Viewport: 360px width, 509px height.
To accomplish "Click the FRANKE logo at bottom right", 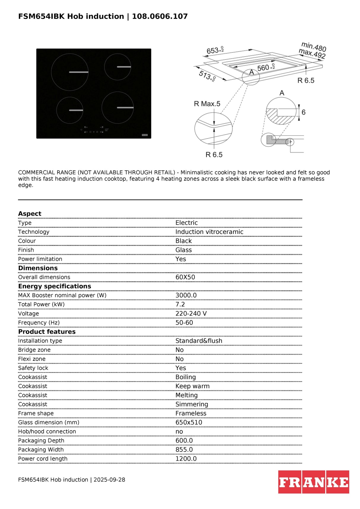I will point(313,482).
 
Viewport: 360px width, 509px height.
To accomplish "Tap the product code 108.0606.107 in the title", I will point(160,16).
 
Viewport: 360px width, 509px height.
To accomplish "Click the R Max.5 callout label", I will point(207,104).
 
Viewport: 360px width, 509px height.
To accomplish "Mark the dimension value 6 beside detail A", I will point(303,112).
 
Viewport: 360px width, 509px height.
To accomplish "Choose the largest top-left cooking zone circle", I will point(70,72).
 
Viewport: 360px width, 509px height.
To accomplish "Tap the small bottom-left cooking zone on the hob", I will point(70,110).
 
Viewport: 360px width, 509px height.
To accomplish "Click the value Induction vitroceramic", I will point(209,232).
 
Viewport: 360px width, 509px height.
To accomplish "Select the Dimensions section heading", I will point(38,268).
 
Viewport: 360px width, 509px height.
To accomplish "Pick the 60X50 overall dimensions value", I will point(185,277).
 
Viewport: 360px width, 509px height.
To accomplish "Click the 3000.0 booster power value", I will point(186,295).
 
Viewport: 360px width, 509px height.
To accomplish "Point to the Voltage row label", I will point(28,313).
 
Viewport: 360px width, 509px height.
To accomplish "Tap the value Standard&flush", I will point(199,341).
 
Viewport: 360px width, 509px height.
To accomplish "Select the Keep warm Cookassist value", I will point(192,386).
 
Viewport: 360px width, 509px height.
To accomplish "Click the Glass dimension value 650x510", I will point(189,422).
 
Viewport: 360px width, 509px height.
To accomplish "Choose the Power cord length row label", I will point(43,459).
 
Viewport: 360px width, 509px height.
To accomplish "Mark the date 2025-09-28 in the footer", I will point(109,480).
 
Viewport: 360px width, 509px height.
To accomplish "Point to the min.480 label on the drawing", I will point(314,47).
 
